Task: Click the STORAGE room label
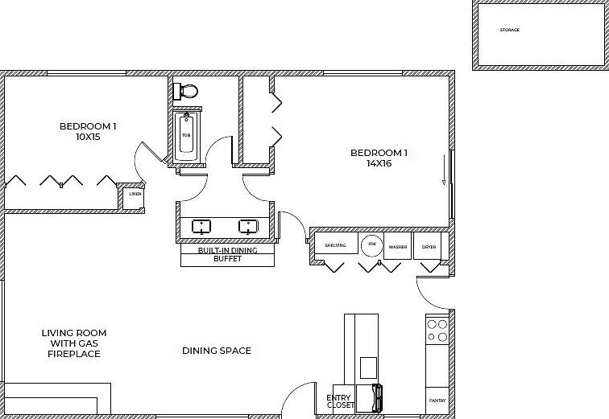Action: [510, 30]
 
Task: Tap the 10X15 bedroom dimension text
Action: [89, 137]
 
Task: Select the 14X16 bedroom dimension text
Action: [378, 163]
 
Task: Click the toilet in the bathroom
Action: [187, 90]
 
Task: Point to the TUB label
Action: [186, 135]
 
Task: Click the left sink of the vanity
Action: [199, 227]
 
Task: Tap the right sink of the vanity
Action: [247, 227]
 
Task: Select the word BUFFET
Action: [227, 259]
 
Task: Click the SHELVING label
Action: [335, 245]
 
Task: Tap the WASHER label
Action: [398, 246]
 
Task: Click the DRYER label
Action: [429, 246]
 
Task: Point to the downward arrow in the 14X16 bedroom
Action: [444, 170]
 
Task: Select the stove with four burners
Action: [437, 331]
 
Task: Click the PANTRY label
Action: [437, 400]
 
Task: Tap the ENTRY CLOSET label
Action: [340, 401]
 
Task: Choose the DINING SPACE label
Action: [217, 351]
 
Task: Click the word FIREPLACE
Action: [74, 354]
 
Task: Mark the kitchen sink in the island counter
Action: [368, 367]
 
